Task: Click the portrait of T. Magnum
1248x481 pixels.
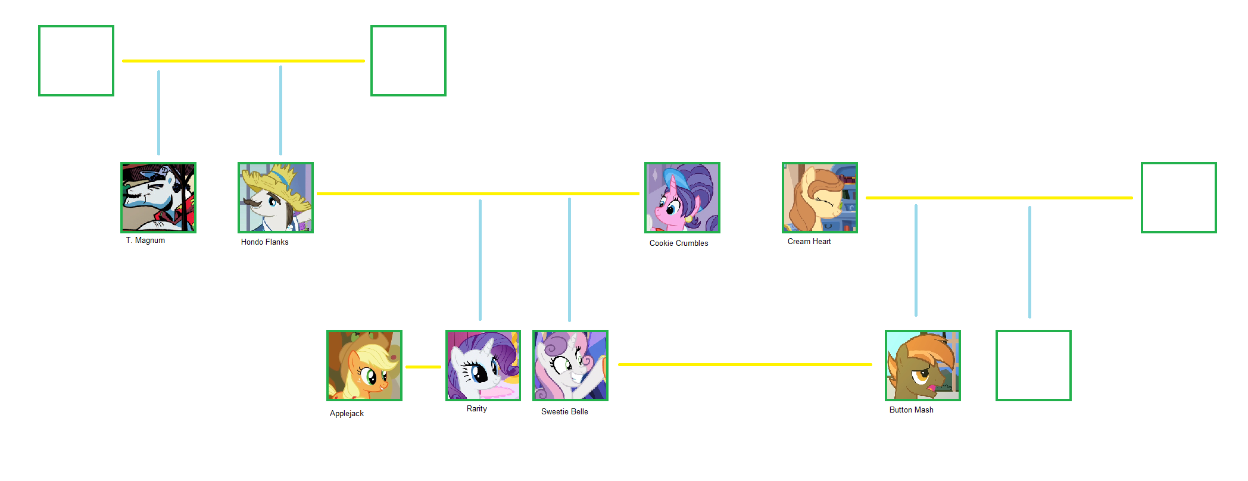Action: (x=158, y=197)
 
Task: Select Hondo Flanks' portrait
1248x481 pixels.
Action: (x=275, y=197)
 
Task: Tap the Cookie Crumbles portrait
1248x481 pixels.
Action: (x=682, y=197)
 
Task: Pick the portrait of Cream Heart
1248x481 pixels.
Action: (x=819, y=197)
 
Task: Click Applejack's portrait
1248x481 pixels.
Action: (x=364, y=365)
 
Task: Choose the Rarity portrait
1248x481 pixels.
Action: (x=483, y=365)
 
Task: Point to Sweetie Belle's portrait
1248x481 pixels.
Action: (x=570, y=365)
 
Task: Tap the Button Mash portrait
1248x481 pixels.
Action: (x=922, y=365)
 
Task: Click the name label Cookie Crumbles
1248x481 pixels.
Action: (x=679, y=243)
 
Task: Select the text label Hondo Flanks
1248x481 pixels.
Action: (x=264, y=242)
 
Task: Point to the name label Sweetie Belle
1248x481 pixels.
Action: (x=564, y=411)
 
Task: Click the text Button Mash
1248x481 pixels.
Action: (x=911, y=410)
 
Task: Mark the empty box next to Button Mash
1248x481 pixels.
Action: (x=1033, y=365)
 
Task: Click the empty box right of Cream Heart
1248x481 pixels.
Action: (x=1178, y=197)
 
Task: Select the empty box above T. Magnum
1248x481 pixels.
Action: (x=76, y=60)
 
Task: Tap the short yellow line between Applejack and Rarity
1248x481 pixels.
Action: (x=423, y=367)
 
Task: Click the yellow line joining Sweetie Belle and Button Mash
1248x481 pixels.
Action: (x=744, y=364)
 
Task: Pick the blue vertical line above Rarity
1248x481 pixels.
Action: (x=480, y=260)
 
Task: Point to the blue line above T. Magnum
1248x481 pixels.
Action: (x=158, y=113)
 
